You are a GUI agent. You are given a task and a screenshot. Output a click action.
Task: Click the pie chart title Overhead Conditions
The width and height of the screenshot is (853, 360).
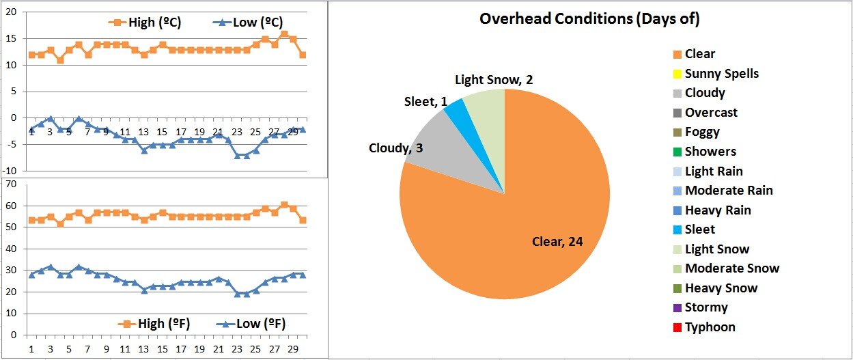(x=589, y=19)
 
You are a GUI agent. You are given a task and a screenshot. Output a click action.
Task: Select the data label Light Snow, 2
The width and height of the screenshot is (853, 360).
(x=494, y=80)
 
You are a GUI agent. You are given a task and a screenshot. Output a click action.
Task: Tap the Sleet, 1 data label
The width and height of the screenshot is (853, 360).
(x=425, y=102)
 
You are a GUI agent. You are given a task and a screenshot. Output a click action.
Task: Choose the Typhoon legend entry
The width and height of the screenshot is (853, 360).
(x=710, y=327)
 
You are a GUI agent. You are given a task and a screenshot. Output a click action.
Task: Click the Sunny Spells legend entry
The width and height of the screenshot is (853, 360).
(x=721, y=74)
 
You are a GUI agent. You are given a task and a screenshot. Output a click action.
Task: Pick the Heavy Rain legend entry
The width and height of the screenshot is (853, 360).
(x=718, y=210)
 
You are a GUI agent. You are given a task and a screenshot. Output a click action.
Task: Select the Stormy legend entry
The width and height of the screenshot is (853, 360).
(x=706, y=307)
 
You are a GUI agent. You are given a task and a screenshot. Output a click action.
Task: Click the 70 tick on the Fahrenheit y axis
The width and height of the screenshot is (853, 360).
(x=10, y=184)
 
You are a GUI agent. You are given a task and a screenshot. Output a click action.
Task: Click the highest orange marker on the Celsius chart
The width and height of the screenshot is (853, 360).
(x=284, y=34)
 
